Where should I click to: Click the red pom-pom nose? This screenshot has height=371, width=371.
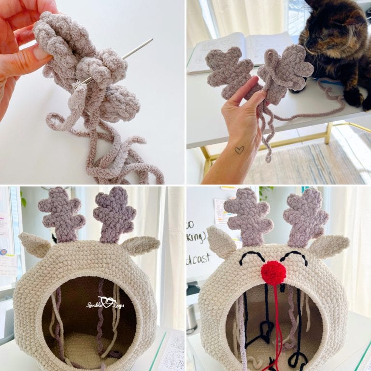click(x=273, y=272)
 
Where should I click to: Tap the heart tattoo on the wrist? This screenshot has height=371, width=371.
click(x=239, y=150)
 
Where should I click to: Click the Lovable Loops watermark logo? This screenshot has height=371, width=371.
click(x=105, y=303)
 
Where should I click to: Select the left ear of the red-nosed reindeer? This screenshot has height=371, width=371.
click(x=221, y=242)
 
